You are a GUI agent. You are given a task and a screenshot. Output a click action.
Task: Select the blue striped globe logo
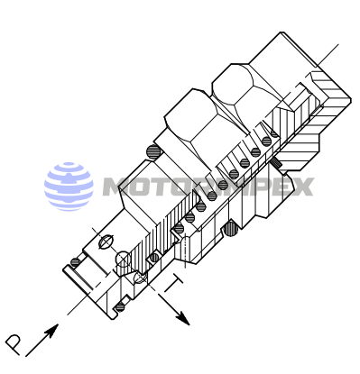[69, 187]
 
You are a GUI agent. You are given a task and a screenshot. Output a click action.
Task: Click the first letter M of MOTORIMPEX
[117, 187]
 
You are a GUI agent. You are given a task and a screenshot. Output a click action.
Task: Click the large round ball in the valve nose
[123, 261]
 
